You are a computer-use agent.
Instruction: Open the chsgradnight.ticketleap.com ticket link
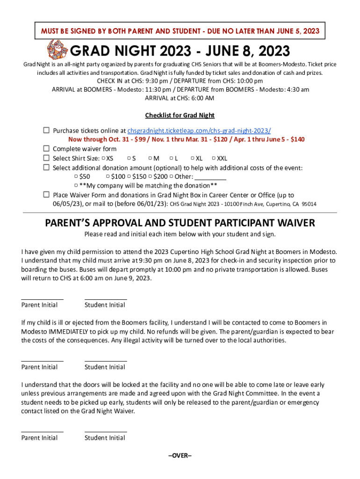[x=199, y=131]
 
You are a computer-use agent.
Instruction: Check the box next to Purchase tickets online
[x=46, y=131]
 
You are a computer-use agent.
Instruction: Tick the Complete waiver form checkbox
[x=46, y=149]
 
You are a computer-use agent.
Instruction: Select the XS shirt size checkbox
[x=103, y=159]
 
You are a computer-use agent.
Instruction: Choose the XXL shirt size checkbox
[x=214, y=159]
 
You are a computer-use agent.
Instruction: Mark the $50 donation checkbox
[x=76, y=176]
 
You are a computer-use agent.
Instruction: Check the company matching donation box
[x=76, y=185]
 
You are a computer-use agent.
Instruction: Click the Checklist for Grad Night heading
[x=180, y=115]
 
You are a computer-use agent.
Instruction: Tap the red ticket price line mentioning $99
[x=186, y=139]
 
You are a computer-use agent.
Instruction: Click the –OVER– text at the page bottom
[x=180, y=456]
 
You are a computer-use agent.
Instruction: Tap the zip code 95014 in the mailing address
[x=309, y=204]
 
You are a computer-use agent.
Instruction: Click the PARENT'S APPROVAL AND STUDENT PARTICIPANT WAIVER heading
[x=180, y=223]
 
